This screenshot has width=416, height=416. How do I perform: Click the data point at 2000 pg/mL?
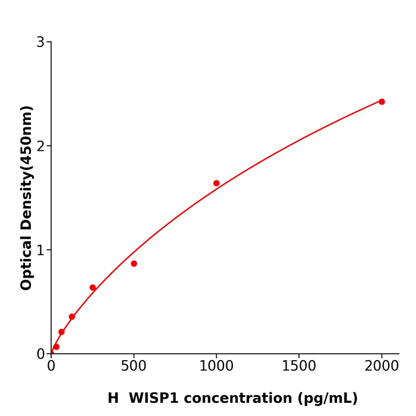click(382, 102)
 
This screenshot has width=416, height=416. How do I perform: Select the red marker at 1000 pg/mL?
click(216, 183)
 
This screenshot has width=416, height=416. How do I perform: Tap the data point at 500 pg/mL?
click(134, 263)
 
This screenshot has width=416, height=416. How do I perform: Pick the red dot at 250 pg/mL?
click(93, 288)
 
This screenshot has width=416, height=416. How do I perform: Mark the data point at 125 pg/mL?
click(72, 317)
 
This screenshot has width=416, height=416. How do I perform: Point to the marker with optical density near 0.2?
click(61, 332)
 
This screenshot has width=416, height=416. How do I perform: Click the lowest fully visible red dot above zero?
click(56, 346)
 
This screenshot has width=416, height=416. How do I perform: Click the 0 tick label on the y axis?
click(40, 354)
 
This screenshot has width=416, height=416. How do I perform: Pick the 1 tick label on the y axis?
click(40, 250)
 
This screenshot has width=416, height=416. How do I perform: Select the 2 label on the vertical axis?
click(40, 146)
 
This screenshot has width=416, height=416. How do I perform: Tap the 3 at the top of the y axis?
click(40, 42)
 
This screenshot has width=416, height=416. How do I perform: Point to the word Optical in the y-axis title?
click(27, 263)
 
